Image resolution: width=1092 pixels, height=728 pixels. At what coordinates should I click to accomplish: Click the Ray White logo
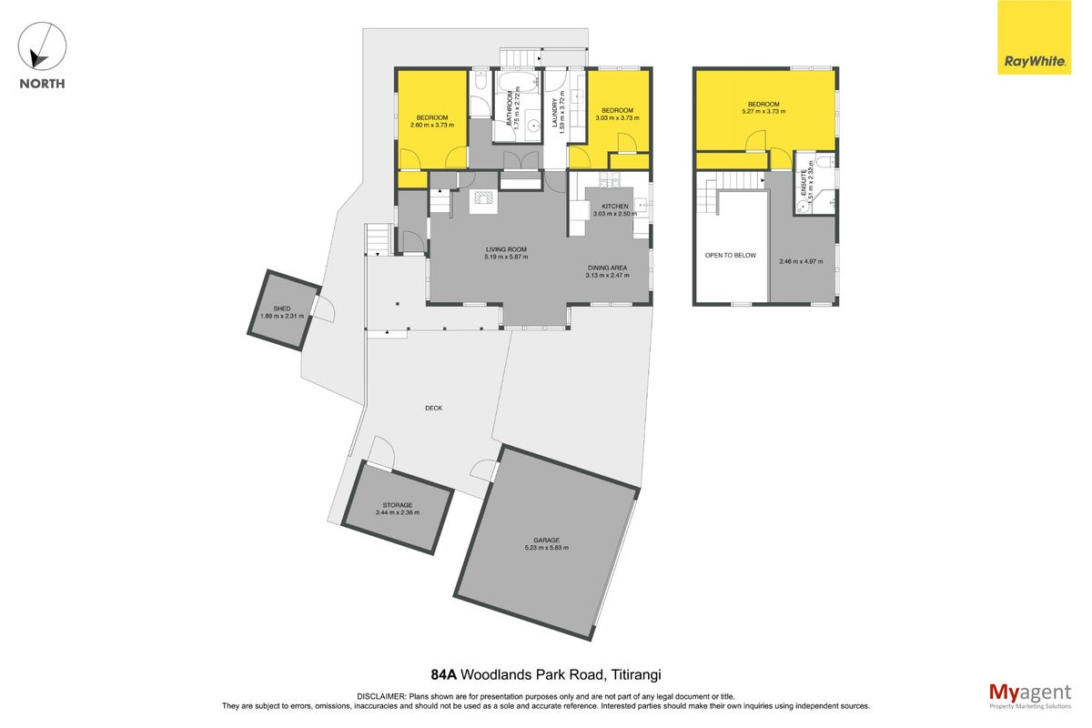(x=1034, y=37)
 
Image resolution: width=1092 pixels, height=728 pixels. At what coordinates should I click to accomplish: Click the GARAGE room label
(x=547, y=541)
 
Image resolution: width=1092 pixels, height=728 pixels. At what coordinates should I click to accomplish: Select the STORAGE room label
(x=398, y=505)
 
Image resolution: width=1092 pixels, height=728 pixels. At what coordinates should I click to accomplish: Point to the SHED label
(x=282, y=308)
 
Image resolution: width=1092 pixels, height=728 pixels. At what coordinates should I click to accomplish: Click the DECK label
(x=433, y=408)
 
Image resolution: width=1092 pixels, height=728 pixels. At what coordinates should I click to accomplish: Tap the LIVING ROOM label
(x=506, y=249)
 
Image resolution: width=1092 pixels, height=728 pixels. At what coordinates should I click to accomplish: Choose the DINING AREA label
(x=608, y=268)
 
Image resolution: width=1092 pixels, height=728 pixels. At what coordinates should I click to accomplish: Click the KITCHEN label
(x=615, y=207)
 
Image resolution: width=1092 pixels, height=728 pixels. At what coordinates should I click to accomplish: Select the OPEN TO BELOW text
(x=730, y=255)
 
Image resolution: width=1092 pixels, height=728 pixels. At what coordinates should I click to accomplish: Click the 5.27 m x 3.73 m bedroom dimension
(x=763, y=112)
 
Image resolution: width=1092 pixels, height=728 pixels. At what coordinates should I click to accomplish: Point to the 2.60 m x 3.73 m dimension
(x=432, y=126)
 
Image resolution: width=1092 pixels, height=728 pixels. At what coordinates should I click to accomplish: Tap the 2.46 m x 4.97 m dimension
(x=801, y=261)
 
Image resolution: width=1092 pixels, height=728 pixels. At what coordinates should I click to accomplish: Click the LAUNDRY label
(x=555, y=113)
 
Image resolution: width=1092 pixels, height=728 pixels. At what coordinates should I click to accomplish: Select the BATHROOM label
(x=510, y=108)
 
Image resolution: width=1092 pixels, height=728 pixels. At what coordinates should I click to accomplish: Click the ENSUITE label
(x=804, y=182)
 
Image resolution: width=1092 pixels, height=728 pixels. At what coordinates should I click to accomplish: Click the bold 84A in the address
(x=444, y=675)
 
